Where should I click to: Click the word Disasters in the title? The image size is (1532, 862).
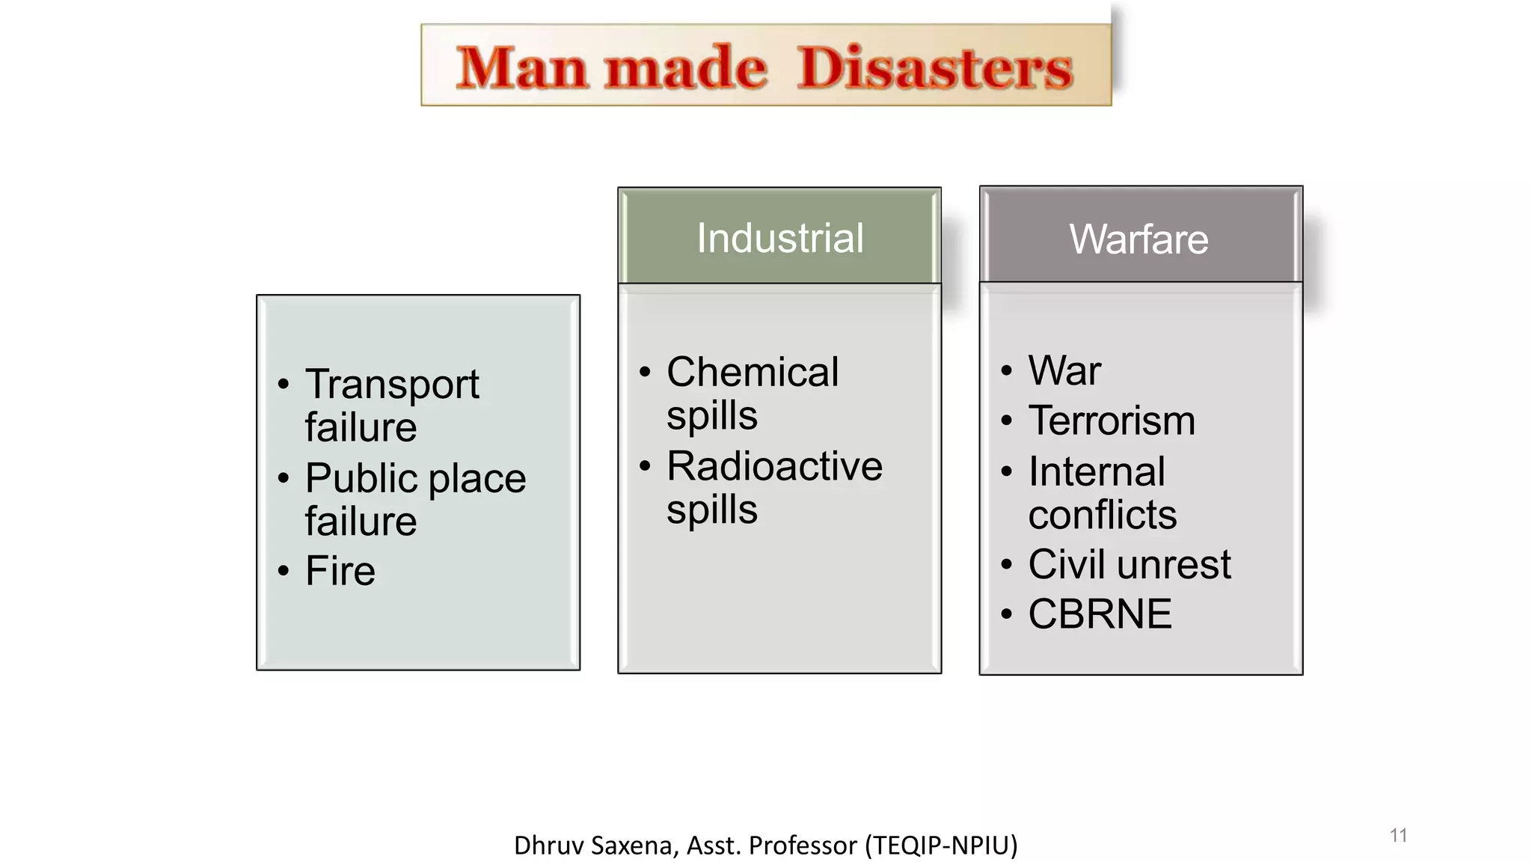934,68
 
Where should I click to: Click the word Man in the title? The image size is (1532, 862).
521,68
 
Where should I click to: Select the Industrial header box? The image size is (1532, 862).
779,237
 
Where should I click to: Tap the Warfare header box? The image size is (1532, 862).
1140,237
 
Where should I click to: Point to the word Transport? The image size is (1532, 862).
392,385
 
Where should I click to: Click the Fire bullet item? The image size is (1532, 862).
340,571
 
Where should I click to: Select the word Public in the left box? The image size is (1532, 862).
361,478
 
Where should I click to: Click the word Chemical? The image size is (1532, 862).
753,372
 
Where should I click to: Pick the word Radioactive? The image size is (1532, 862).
774,466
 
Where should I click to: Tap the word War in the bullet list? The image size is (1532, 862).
1064,370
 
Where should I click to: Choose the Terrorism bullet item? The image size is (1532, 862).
1112,421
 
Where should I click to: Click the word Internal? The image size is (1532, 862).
1097,471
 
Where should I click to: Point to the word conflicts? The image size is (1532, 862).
1102,515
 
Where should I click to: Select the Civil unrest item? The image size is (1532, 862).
1130,564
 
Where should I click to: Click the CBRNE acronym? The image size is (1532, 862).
1100,614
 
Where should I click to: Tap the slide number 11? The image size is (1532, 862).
1398,835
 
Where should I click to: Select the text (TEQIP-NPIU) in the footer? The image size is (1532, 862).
941,846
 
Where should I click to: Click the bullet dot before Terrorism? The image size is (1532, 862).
1007,421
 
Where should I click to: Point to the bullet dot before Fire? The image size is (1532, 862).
283,572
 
